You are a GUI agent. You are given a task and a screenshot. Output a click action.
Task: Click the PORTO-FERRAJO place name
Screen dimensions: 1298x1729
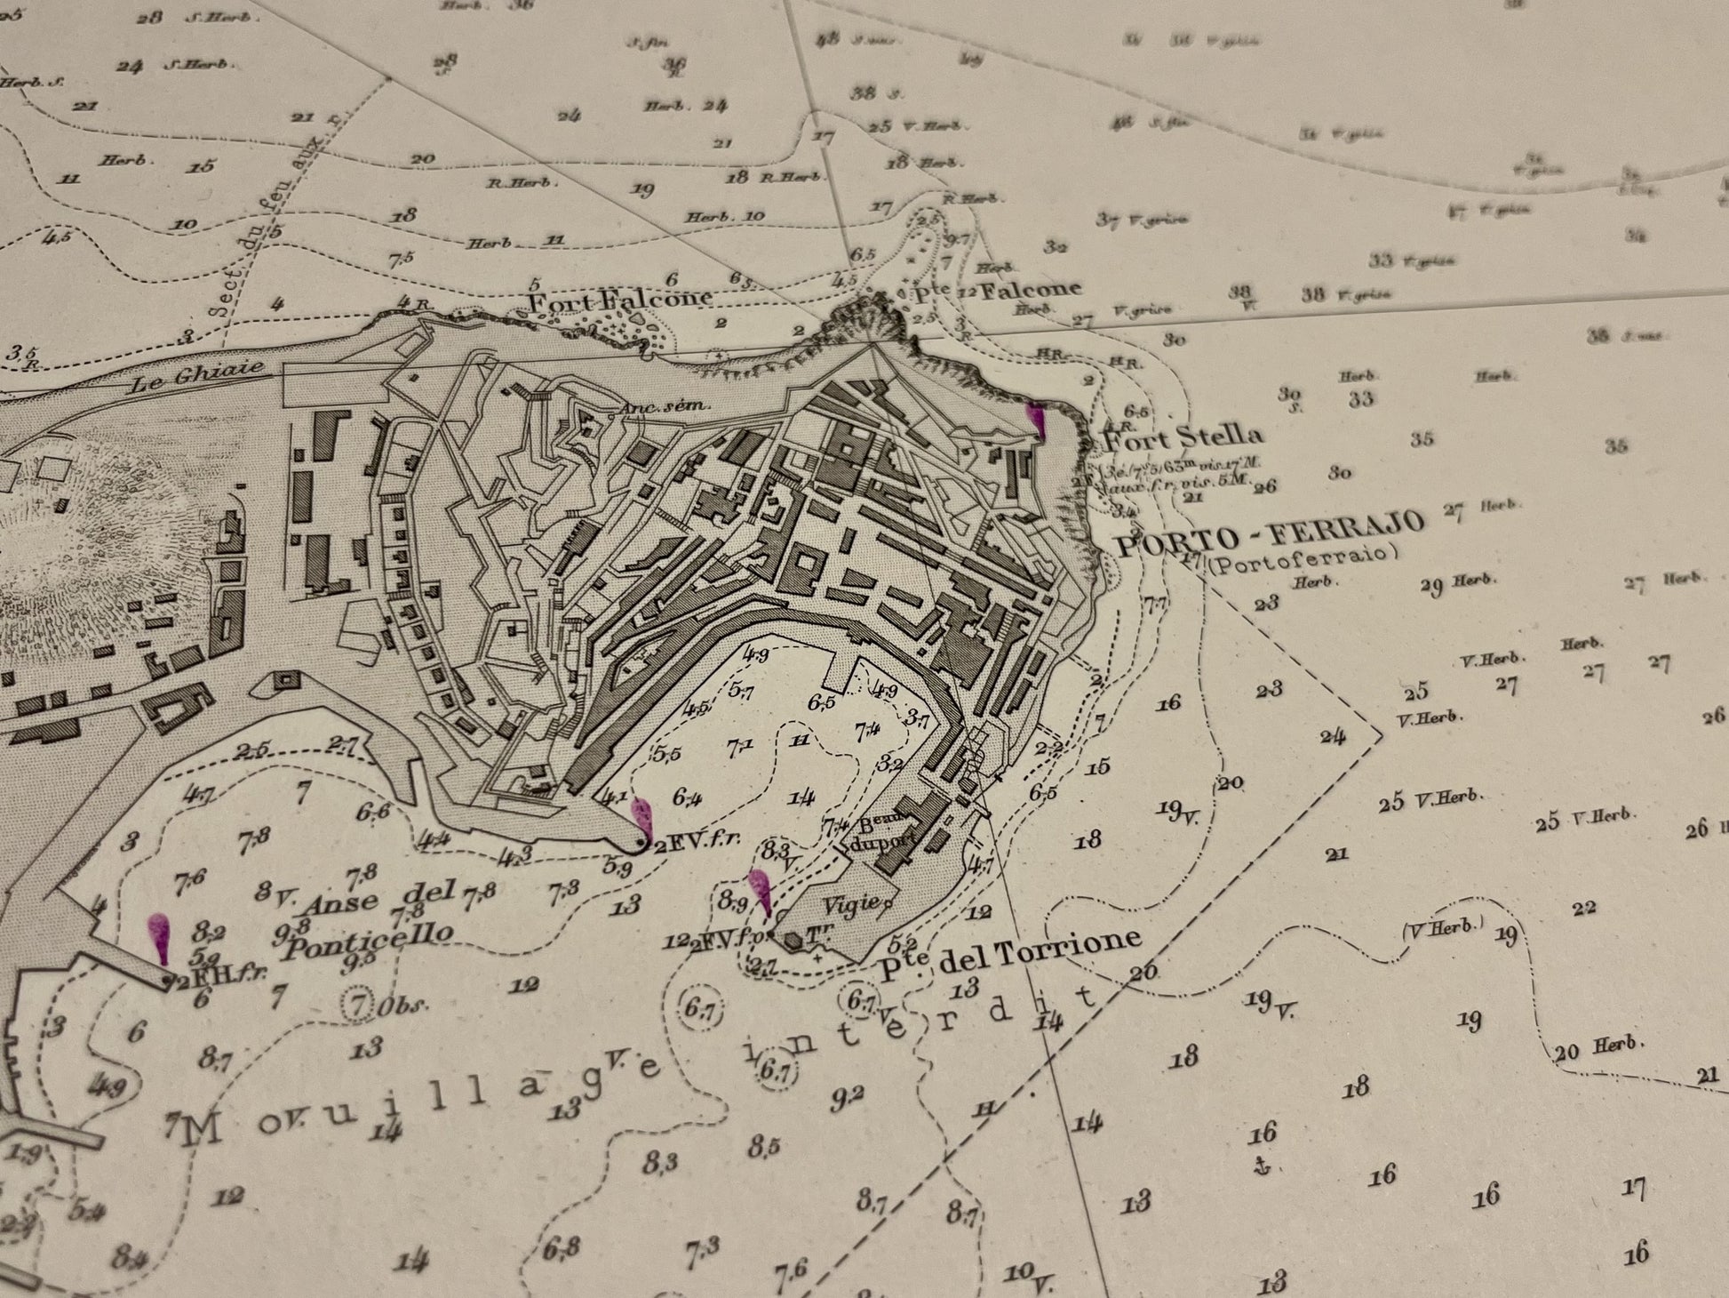coord(1271,533)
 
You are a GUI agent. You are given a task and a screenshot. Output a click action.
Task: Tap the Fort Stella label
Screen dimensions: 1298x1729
coord(1182,437)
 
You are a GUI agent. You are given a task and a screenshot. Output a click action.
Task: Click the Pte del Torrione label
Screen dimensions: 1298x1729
coord(1010,952)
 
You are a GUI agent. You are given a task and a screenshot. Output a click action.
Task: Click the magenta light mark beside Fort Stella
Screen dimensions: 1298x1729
coord(1037,420)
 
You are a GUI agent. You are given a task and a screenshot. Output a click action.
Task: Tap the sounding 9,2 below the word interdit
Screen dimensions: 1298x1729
coord(846,1095)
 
